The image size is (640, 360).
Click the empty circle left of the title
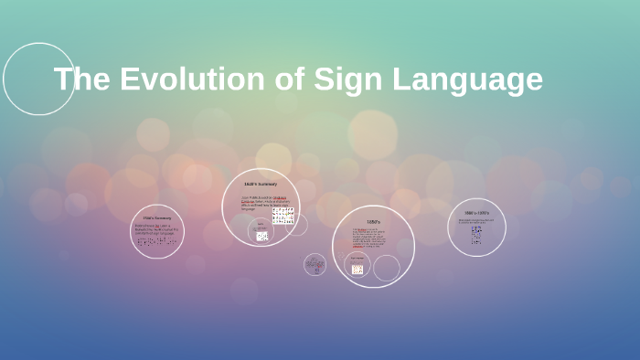click(38, 79)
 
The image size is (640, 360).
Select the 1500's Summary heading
click(157, 218)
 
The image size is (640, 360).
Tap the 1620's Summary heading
click(261, 185)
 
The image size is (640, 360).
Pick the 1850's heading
click(373, 222)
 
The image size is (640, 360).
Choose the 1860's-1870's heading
click(476, 213)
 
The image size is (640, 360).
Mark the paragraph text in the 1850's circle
click(369, 238)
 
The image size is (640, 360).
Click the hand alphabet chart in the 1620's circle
click(283, 216)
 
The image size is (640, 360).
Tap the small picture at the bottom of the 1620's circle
click(262, 236)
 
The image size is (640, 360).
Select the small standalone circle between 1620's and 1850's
click(315, 264)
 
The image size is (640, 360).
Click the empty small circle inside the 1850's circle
click(387, 268)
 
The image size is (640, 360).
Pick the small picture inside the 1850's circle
click(357, 269)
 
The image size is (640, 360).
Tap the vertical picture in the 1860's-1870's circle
click(476, 235)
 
